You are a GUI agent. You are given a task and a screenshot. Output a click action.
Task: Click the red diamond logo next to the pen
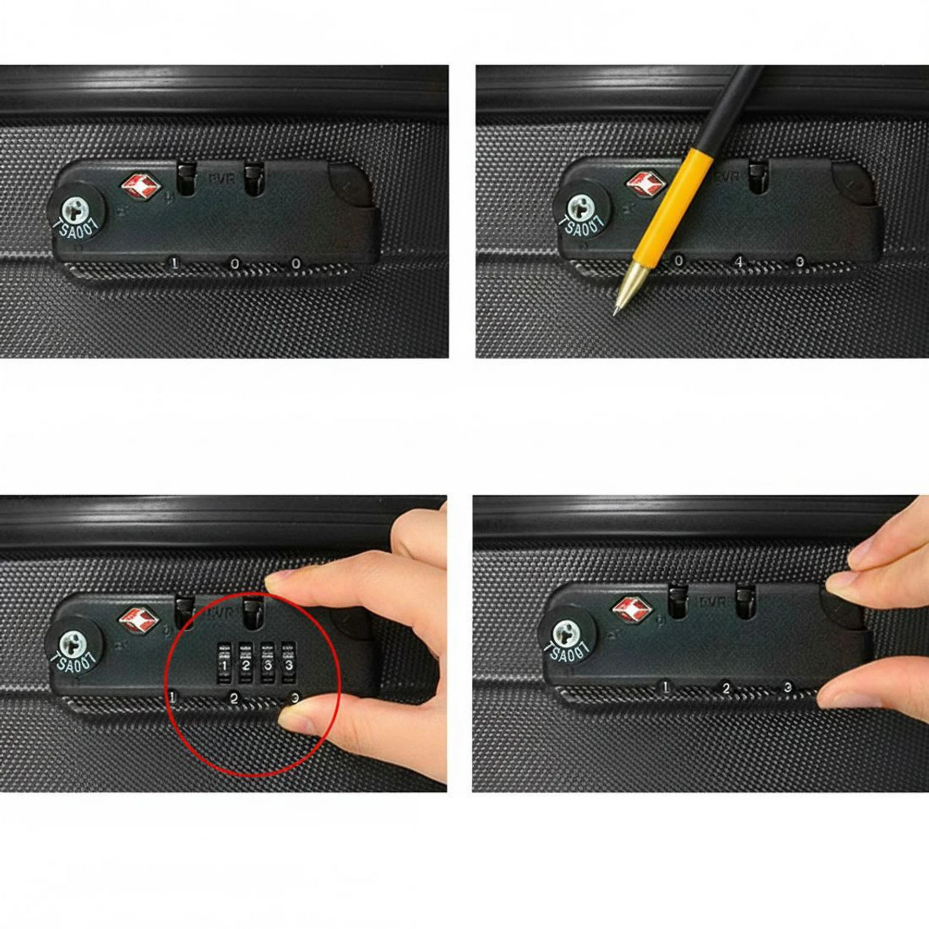644,183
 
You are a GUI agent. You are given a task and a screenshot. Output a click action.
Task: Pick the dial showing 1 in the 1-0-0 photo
175,263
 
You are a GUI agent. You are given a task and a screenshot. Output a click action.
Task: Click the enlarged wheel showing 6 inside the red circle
268,666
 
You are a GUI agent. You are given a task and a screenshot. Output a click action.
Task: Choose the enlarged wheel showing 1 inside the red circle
224,666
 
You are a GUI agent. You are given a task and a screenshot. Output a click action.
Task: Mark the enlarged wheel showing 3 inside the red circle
288,666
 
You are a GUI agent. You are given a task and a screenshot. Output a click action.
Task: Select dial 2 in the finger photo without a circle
726,688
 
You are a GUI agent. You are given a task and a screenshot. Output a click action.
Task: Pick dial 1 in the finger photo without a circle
666,687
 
